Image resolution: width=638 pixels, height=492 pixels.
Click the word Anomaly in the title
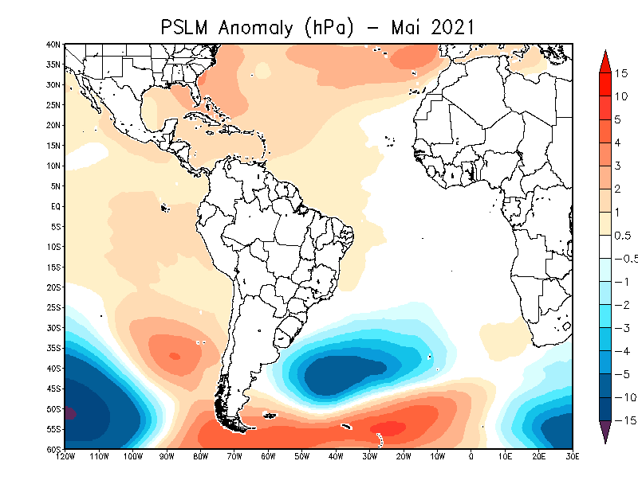pos(255,29)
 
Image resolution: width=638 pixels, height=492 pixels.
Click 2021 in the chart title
pos(452,28)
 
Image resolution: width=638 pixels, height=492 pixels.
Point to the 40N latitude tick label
pos(53,45)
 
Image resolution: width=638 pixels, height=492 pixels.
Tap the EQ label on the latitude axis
pos(56,206)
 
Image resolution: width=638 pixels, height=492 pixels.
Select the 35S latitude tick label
pos(53,348)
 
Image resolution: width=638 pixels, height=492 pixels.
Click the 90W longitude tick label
pos(167,456)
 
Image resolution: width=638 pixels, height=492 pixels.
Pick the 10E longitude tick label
pos(505,456)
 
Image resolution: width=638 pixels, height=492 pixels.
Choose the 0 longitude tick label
pos(471,456)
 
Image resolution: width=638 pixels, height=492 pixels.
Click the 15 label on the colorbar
pos(621,73)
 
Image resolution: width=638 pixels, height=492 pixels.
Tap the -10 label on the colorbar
pos(626,397)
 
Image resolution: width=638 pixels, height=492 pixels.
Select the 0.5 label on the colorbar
pos(623,236)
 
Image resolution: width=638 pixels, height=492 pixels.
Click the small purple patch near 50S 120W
pos(69,414)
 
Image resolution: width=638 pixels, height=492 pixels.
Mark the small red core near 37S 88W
pos(175,357)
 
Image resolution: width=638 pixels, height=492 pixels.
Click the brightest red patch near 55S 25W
pos(388,428)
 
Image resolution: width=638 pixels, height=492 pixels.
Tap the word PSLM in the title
pos(184,28)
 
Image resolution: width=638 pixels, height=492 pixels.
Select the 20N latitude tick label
pos(53,125)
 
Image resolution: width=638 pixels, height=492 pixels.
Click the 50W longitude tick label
pos(302,456)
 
